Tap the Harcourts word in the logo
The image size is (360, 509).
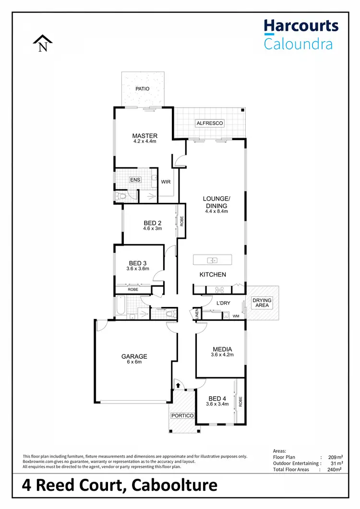301,26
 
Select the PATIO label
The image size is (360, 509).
142,89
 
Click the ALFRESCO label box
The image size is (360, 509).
210,123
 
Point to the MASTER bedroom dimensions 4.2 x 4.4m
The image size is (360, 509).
144,142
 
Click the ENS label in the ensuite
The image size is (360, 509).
135,180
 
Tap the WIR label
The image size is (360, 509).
166,182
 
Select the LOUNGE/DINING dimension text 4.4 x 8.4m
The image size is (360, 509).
216,211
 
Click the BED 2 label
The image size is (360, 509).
152,223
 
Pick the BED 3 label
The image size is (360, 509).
138,263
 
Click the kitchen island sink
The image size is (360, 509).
212,260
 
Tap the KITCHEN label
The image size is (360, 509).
213,274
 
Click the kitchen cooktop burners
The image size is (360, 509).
220,289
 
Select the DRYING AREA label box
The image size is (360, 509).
262,303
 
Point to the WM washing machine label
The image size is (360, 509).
236,316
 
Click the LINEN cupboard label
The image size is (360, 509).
197,315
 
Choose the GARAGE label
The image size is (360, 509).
134,356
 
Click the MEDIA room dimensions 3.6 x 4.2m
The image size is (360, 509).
222,355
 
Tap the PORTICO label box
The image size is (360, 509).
182,415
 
